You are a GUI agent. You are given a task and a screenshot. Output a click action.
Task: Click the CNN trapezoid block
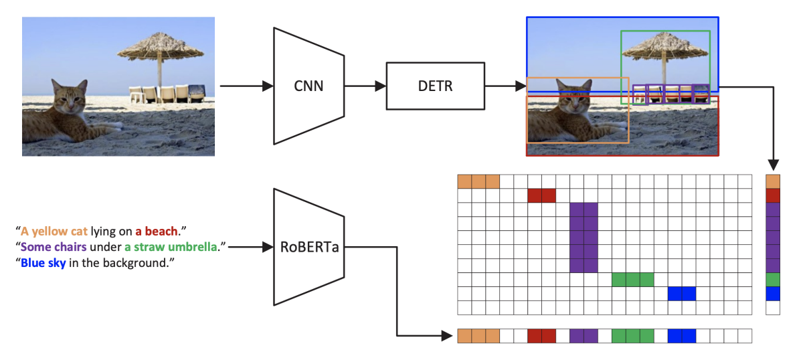(308, 86)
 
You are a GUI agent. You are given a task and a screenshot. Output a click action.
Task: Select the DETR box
(436, 86)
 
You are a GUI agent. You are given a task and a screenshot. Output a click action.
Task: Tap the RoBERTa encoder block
(308, 247)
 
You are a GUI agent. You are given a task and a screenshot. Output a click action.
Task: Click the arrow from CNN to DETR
(365, 86)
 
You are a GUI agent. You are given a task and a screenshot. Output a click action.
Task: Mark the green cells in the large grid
(632, 280)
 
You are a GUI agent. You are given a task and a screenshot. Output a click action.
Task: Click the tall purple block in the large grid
(584, 238)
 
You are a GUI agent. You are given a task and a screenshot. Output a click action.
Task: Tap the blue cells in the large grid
(682, 294)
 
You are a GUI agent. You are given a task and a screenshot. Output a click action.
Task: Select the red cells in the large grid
(541, 195)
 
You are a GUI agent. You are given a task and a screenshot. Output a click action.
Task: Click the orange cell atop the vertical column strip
(773, 181)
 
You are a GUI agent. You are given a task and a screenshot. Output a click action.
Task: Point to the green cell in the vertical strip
(773, 280)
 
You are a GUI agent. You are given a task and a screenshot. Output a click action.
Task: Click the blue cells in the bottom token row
(682, 336)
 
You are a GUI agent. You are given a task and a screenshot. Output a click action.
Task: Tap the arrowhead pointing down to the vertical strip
(773, 165)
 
